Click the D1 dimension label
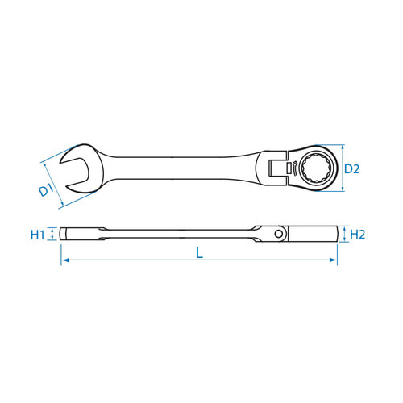(47, 190)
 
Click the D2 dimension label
(351, 169)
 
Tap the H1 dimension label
(37, 235)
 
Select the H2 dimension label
(357, 235)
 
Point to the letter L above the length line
(199, 253)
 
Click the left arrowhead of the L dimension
(65, 260)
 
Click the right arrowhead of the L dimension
(333, 260)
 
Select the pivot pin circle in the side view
(279, 234)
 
